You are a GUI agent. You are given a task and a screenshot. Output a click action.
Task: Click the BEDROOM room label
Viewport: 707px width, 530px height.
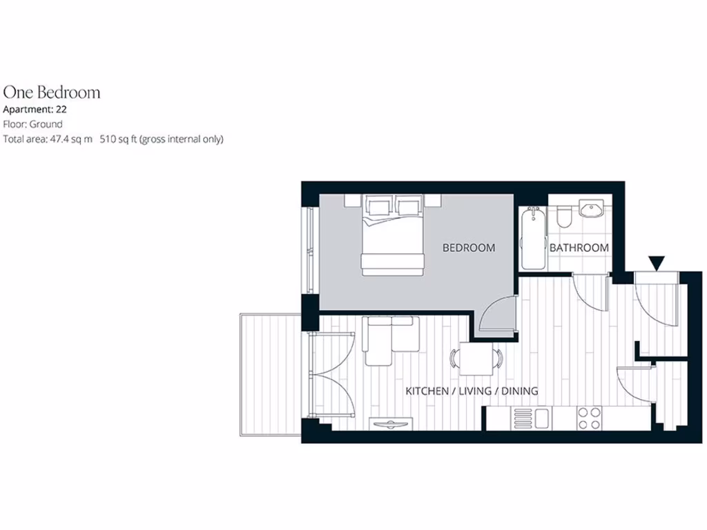tap(469, 248)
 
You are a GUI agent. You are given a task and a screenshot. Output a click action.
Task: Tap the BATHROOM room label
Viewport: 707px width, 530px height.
tap(579, 248)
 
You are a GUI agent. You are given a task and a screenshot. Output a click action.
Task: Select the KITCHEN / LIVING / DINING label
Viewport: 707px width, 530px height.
tap(472, 391)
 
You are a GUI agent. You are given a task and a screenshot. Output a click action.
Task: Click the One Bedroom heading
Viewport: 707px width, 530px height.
tap(52, 92)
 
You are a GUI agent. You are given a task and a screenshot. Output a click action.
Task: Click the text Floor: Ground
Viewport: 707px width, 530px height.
tap(33, 124)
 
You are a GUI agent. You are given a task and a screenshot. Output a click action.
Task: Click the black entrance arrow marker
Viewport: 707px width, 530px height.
tap(657, 262)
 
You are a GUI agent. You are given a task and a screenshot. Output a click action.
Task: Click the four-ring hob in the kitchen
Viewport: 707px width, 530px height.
tap(589, 418)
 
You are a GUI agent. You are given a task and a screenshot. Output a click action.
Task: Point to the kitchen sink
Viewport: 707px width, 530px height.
tap(532, 418)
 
